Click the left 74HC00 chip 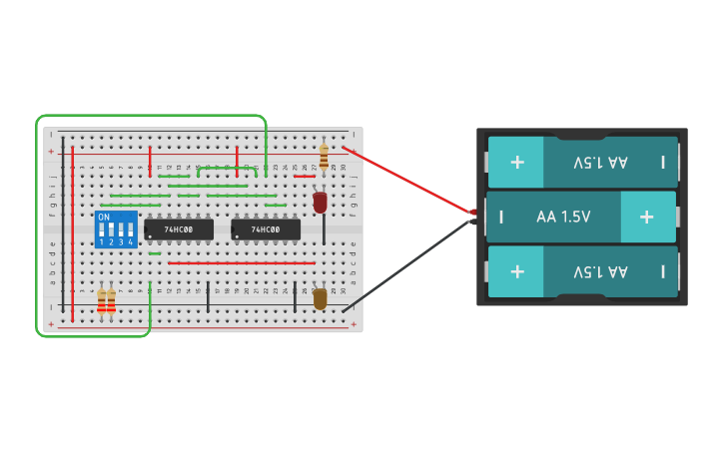pyautogui.click(x=179, y=229)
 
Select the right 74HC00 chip pyautogui.click(x=265, y=229)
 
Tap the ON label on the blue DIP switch pyautogui.click(x=104, y=217)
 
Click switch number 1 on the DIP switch pyautogui.click(x=102, y=231)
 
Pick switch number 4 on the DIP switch pyautogui.click(x=131, y=231)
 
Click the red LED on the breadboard pyautogui.click(x=320, y=203)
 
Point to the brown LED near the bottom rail pyautogui.click(x=320, y=298)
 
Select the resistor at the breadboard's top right pyautogui.click(x=323, y=157)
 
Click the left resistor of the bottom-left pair pyautogui.click(x=101, y=299)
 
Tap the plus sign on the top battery pyautogui.click(x=517, y=162)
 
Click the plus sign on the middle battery pyautogui.click(x=646, y=217)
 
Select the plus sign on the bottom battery pyautogui.click(x=517, y=271)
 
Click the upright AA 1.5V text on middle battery pyautogui.click(x=563, y=217)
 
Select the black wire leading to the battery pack pyautogui.click(x=409, y=264)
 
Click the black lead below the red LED pyautogui.click(x=323, y=229)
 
